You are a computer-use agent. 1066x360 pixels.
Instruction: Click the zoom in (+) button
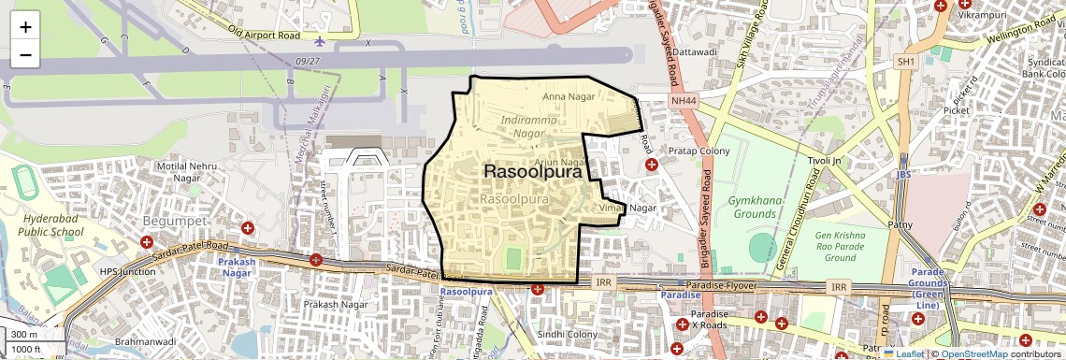coord(25,26)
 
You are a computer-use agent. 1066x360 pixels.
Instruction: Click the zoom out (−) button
coord(25,54)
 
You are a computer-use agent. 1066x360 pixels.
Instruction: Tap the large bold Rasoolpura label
coord(532,172)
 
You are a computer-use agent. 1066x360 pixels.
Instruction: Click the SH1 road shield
coord(904,62)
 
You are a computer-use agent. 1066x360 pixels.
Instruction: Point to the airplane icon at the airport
coord(321,41)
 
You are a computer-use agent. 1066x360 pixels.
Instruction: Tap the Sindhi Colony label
coord(567,335)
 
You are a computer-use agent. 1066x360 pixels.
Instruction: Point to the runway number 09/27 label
coord(306,61)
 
